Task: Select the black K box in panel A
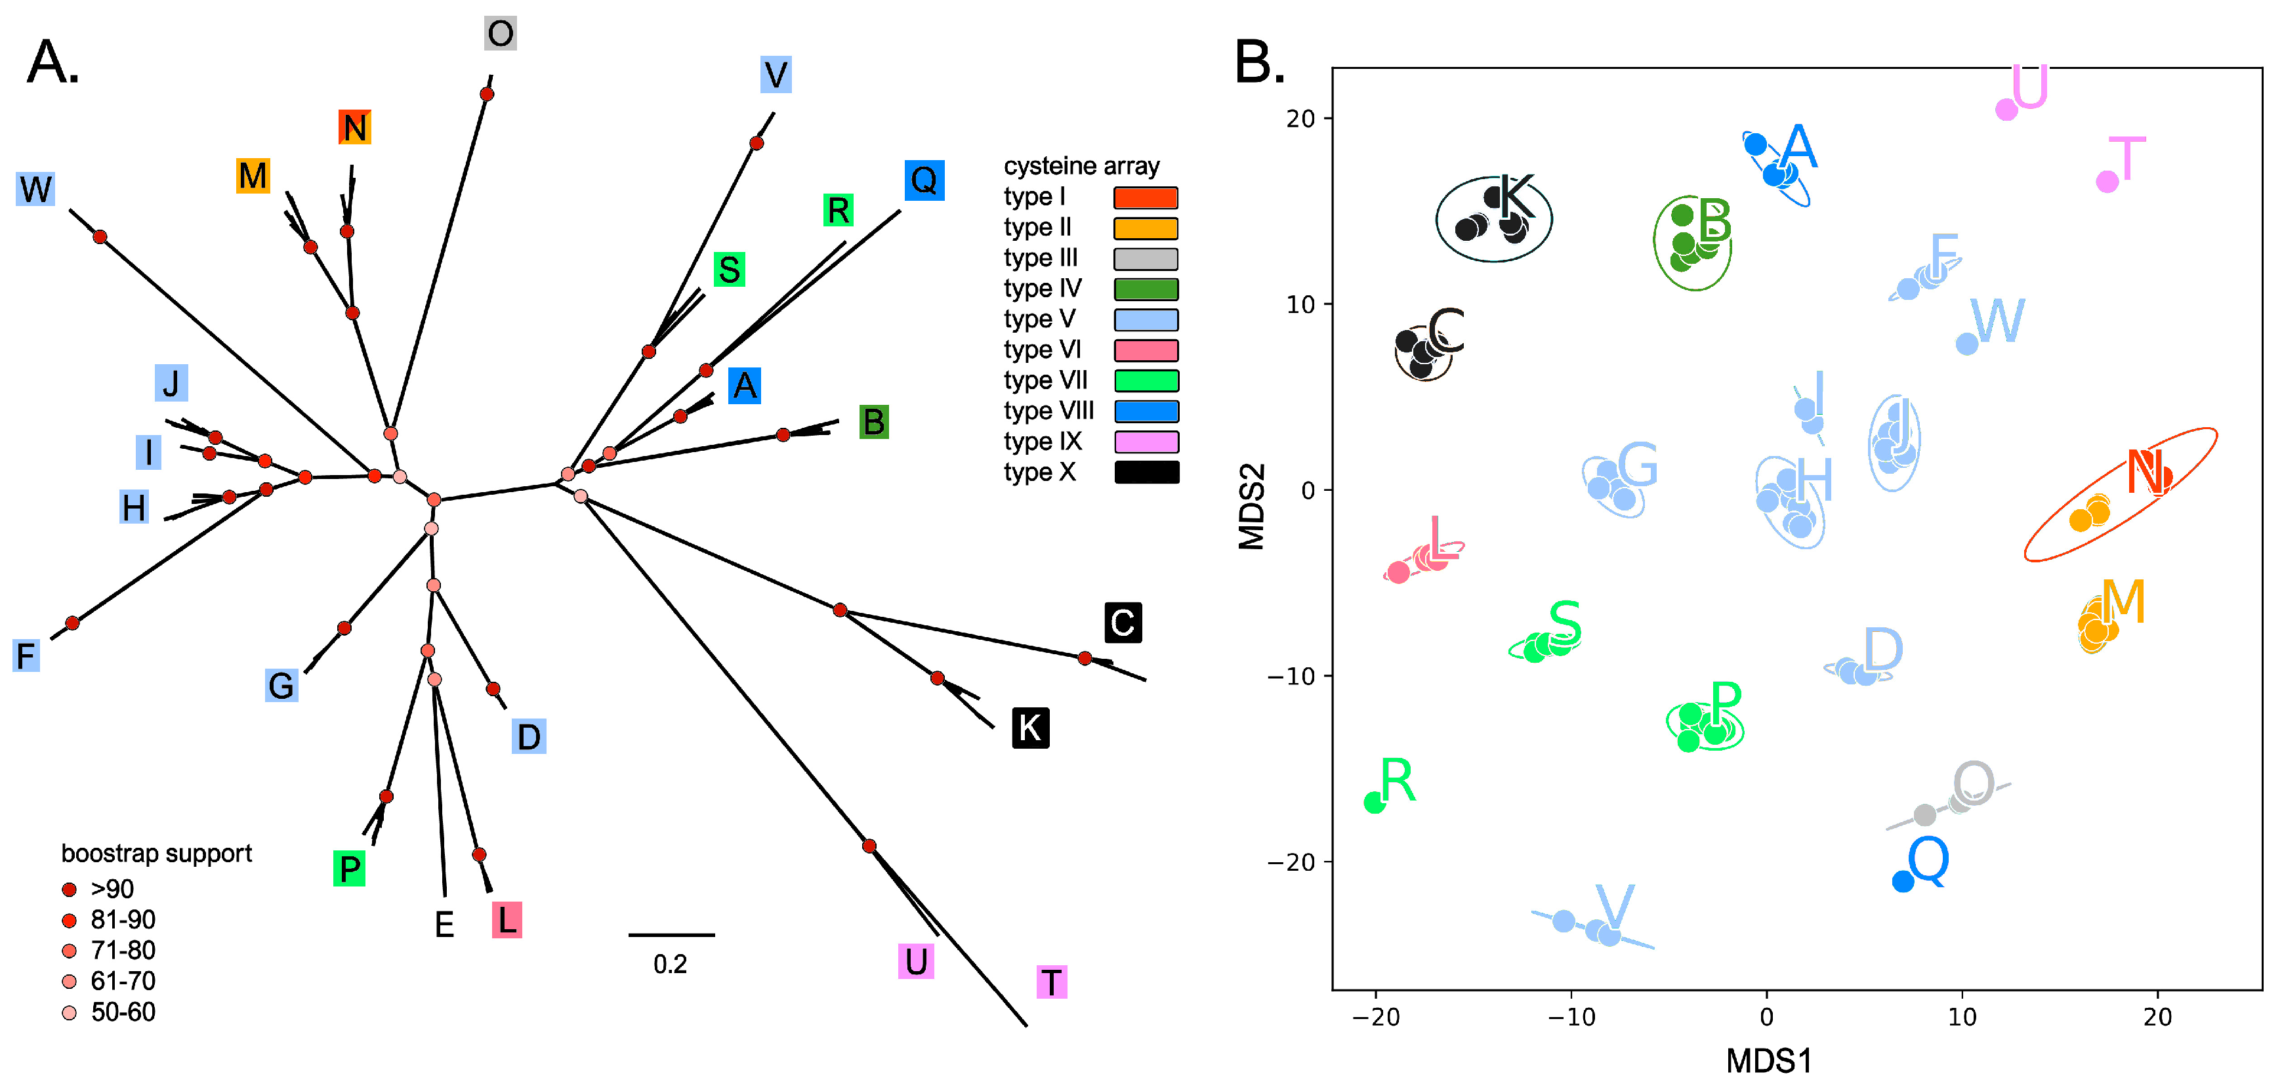1029,727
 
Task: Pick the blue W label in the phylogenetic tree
35,188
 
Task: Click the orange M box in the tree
253,175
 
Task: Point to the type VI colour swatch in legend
1146,350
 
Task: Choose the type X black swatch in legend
1146,472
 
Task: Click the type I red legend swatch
1146,197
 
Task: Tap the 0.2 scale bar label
670,963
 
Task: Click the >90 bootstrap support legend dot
69,888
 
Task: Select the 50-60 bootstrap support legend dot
69,1011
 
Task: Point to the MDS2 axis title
1251,507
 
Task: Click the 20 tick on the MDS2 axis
1300,118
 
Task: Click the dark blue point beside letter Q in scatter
1902,881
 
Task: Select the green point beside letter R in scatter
1374,803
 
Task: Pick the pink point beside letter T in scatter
2107,182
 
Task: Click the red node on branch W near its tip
100,236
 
